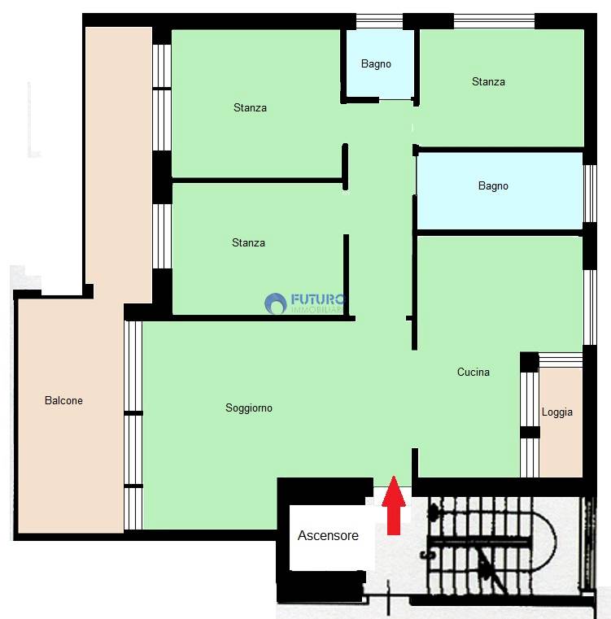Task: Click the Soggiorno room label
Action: pyautogui.click(x=249, y=408)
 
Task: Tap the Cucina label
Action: pyautogui.click(x=474, y=372)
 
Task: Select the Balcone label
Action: pyautogui.click(x=63, y=400)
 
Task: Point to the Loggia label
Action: pyautogui.click(x=556, y=412)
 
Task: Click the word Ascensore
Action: pyautogui.click(x=328, y=535)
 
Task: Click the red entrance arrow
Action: pyautogui.click(x=394, y=505)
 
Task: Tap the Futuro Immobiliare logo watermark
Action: pyautogui.click(x=305, y=303)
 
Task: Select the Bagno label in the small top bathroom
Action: pyautogui.click(x=376, y=64)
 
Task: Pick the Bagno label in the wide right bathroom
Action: pyautogui.click(x=493, y=185)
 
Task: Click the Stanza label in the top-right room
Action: pyautogui.click(x=488, y=81)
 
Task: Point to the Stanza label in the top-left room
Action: pyautogui.click(x=250, y=107)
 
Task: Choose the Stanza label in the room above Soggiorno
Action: pyautogui.click(x=248, y=242)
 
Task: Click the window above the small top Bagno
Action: pyautogui.click(x=380, y=21)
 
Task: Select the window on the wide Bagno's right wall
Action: pyautogui.click(x=590, y=194)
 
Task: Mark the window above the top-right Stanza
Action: pyautogui.click(x=494, y=21)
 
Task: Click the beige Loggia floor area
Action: pyautogui.click(x=561, y=422)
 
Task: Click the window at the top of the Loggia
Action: pyautogui.click(x=561, y=360)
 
